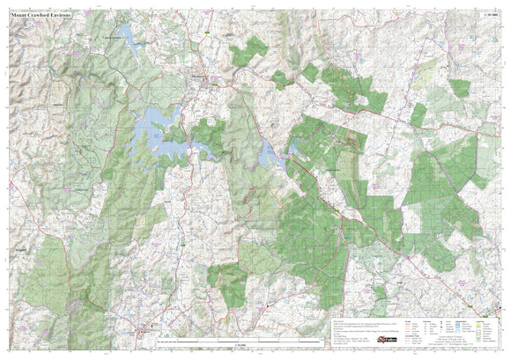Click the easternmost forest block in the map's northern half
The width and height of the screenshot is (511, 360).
point(458,88)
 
